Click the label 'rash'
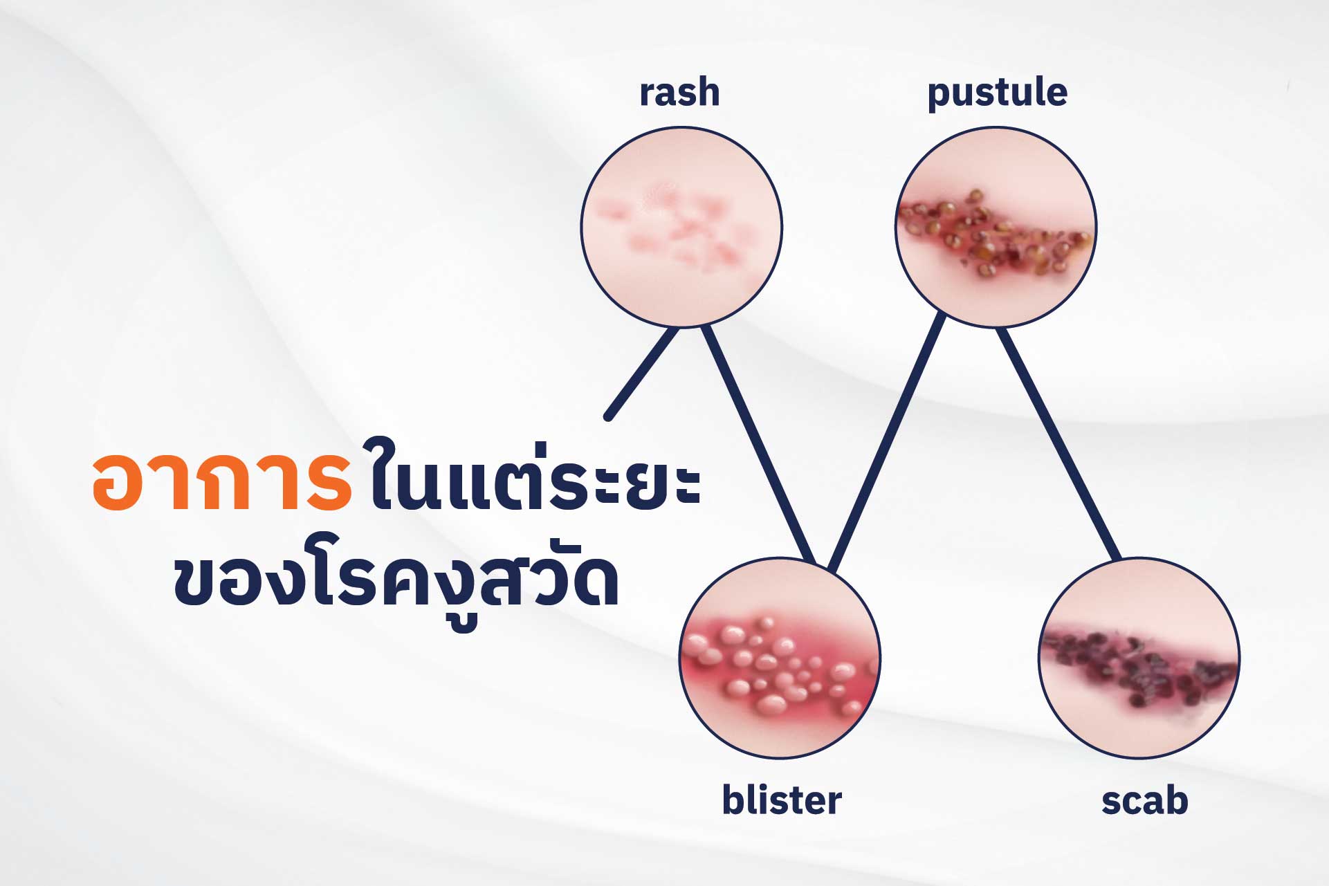click(x=679, y=93)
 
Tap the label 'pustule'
click(x=997, y=94)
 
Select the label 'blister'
click(x=782, y=800)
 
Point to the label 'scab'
click(x=1145, y=801)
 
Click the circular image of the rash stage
click(x=681, y=226)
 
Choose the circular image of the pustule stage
click(x=996, y=226)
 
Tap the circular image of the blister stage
click(x=780, y=657)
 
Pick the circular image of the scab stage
click(x=1139, y=657)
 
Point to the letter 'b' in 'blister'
click(x=733, y=800)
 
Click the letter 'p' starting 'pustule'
click(x=939, y=98)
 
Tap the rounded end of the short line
click(x=608, y=416)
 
